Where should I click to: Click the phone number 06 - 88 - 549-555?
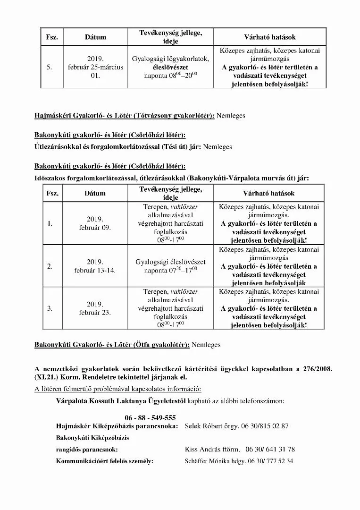[150, 418]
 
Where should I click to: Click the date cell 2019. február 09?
[95, 223]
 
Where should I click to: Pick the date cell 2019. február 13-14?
[95, 266]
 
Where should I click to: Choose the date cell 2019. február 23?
[95, 308]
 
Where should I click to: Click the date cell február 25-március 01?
[95, 67]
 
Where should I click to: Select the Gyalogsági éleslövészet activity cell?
[170, 266]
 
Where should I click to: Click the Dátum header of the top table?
[95, 37]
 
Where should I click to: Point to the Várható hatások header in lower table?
[269, 193]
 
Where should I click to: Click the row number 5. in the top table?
[50, 67]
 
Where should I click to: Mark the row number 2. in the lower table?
[50, 266]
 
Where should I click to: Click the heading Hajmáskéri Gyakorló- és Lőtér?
[124, 116]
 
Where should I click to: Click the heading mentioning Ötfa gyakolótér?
[112, 345]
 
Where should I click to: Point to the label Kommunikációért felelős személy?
[104, 461]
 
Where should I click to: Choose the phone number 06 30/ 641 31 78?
[271, 449]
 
